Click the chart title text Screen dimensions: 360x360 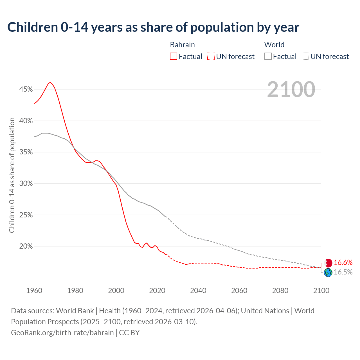(x=153, y=27)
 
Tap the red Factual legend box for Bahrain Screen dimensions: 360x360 (x=174, y=57)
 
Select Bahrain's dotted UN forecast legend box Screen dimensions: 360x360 (x=211, y=57)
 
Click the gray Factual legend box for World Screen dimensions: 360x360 (x=268, y=57)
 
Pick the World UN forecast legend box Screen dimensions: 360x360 (x=305, y=57)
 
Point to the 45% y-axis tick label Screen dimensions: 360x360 (x=26, y=89)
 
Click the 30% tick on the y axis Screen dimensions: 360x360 (x=26, y=184)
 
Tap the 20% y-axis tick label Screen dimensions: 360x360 (x=26, y=246)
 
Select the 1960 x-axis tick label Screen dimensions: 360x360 (x=34, y=291)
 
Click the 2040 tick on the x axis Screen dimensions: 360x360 (x=198, y=291)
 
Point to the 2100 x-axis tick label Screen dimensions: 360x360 (x=321, y=291)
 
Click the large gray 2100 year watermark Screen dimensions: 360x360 (x=291, y=89)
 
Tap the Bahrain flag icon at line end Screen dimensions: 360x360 (x=328, y=263)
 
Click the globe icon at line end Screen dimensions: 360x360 (x=328, y=273)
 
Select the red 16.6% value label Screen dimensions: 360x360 (x=343, y=263)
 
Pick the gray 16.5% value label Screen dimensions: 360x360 (x=343, y=272)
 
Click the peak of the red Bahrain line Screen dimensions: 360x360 (x=50, y=82)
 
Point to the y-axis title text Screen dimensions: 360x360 (x=12, y=175)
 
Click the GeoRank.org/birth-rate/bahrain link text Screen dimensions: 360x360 (x=62, y=333)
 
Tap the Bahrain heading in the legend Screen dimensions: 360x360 (x=182, y=45)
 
